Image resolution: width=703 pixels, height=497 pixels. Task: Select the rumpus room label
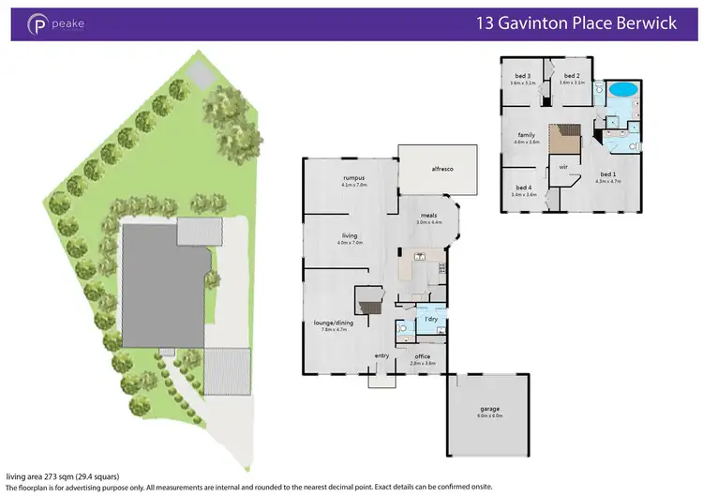click(x=352, y=178)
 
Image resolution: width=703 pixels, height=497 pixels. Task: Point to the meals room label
click(x=429, y=216)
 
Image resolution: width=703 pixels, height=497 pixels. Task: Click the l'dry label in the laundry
click(x=431, y=321)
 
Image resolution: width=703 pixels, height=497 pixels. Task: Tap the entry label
click(x=382, y=355)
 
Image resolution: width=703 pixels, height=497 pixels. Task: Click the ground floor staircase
click(x=368, y=302)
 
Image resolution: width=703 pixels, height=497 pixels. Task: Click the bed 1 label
click(x=608, y=173)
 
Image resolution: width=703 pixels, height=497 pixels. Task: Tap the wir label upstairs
click(x=564, y=167)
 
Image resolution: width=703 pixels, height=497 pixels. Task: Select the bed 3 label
click(x=523, y=76)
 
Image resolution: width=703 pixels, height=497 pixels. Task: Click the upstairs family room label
click(x=527, y=135)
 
